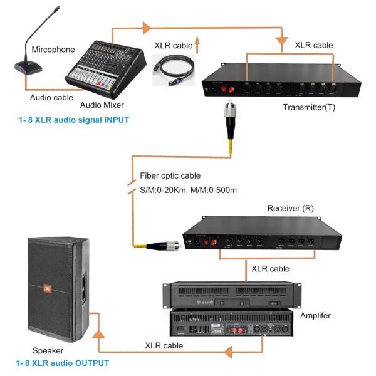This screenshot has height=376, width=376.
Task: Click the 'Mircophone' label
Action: (x=53, y=49)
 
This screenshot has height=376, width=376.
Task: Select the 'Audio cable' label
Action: (x=51, y=97)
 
